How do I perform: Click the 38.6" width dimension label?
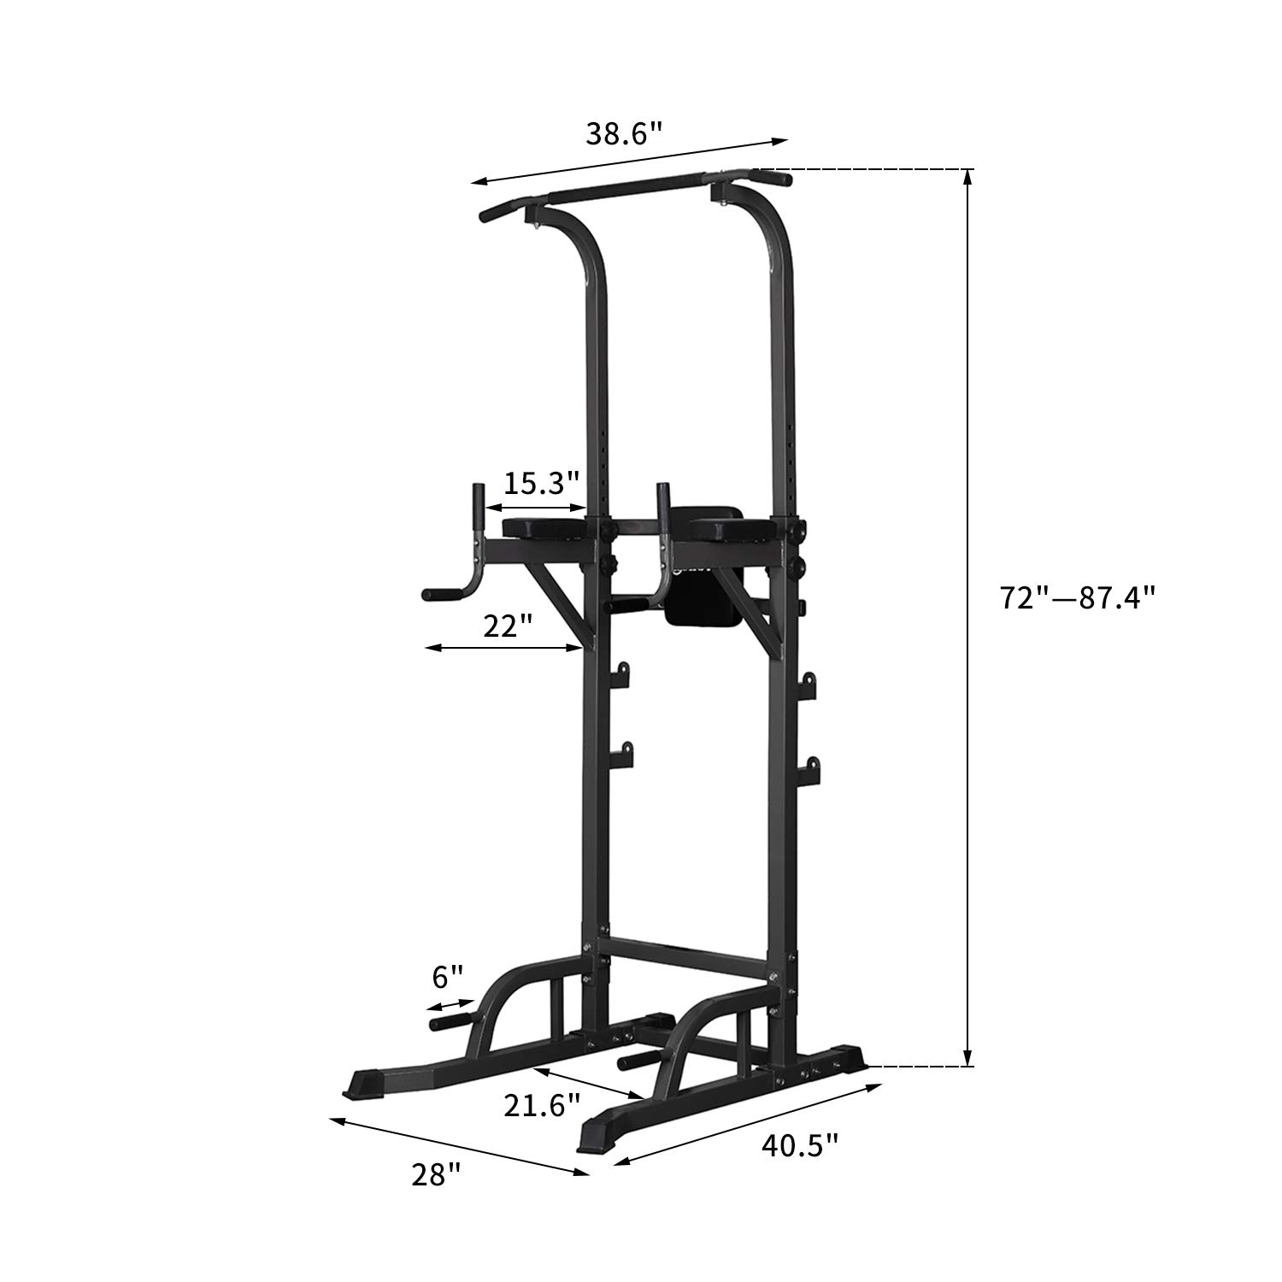click(x=624, y=133)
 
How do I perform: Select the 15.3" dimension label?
click(x=541, y=484)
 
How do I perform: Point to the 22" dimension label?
click(x=508, y=626)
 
